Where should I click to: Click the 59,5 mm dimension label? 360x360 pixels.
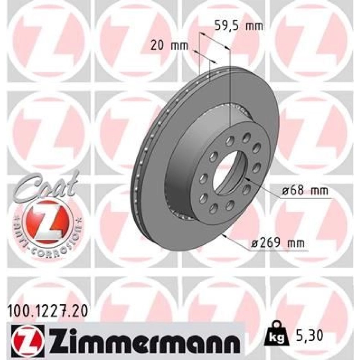[239, 26]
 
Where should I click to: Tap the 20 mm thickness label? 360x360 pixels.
[169, 45]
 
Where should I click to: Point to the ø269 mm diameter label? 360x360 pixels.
[278, 243]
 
